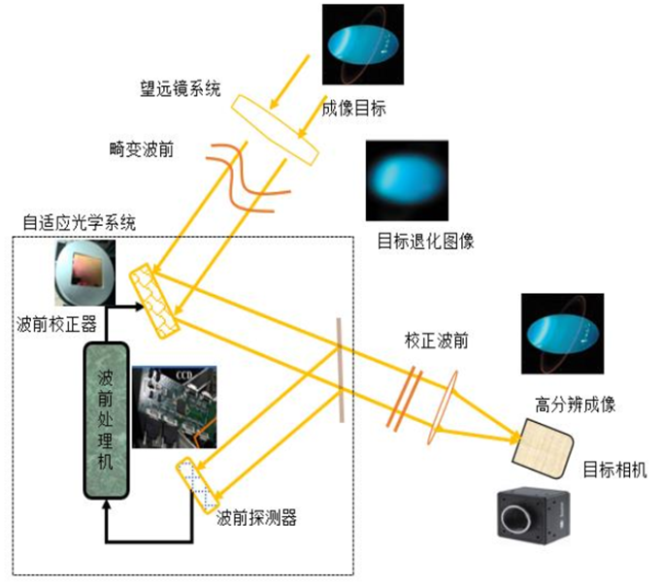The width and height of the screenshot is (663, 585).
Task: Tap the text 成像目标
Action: coord(354,109)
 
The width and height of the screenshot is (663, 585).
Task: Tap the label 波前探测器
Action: coord(256,517)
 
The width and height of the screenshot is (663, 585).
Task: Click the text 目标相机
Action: coord(614,471)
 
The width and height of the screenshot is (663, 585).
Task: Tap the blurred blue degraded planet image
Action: coord(407,180)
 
